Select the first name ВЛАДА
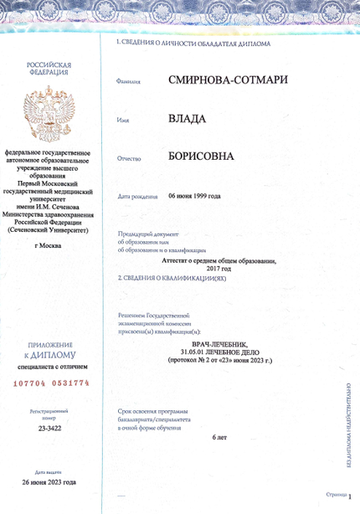pos(187,120)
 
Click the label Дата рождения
pos(138,197)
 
